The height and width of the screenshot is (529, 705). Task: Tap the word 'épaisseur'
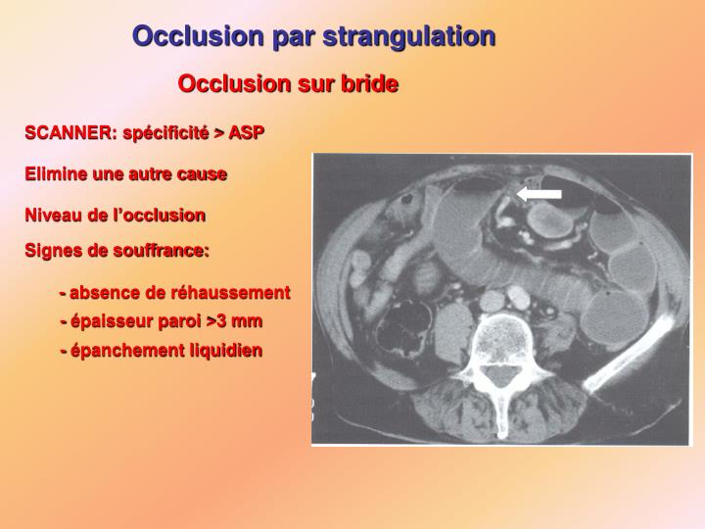pyautogui.click(x=107, y=320)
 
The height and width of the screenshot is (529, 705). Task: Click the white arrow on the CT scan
pyautogui.click(x=540, y=195)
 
